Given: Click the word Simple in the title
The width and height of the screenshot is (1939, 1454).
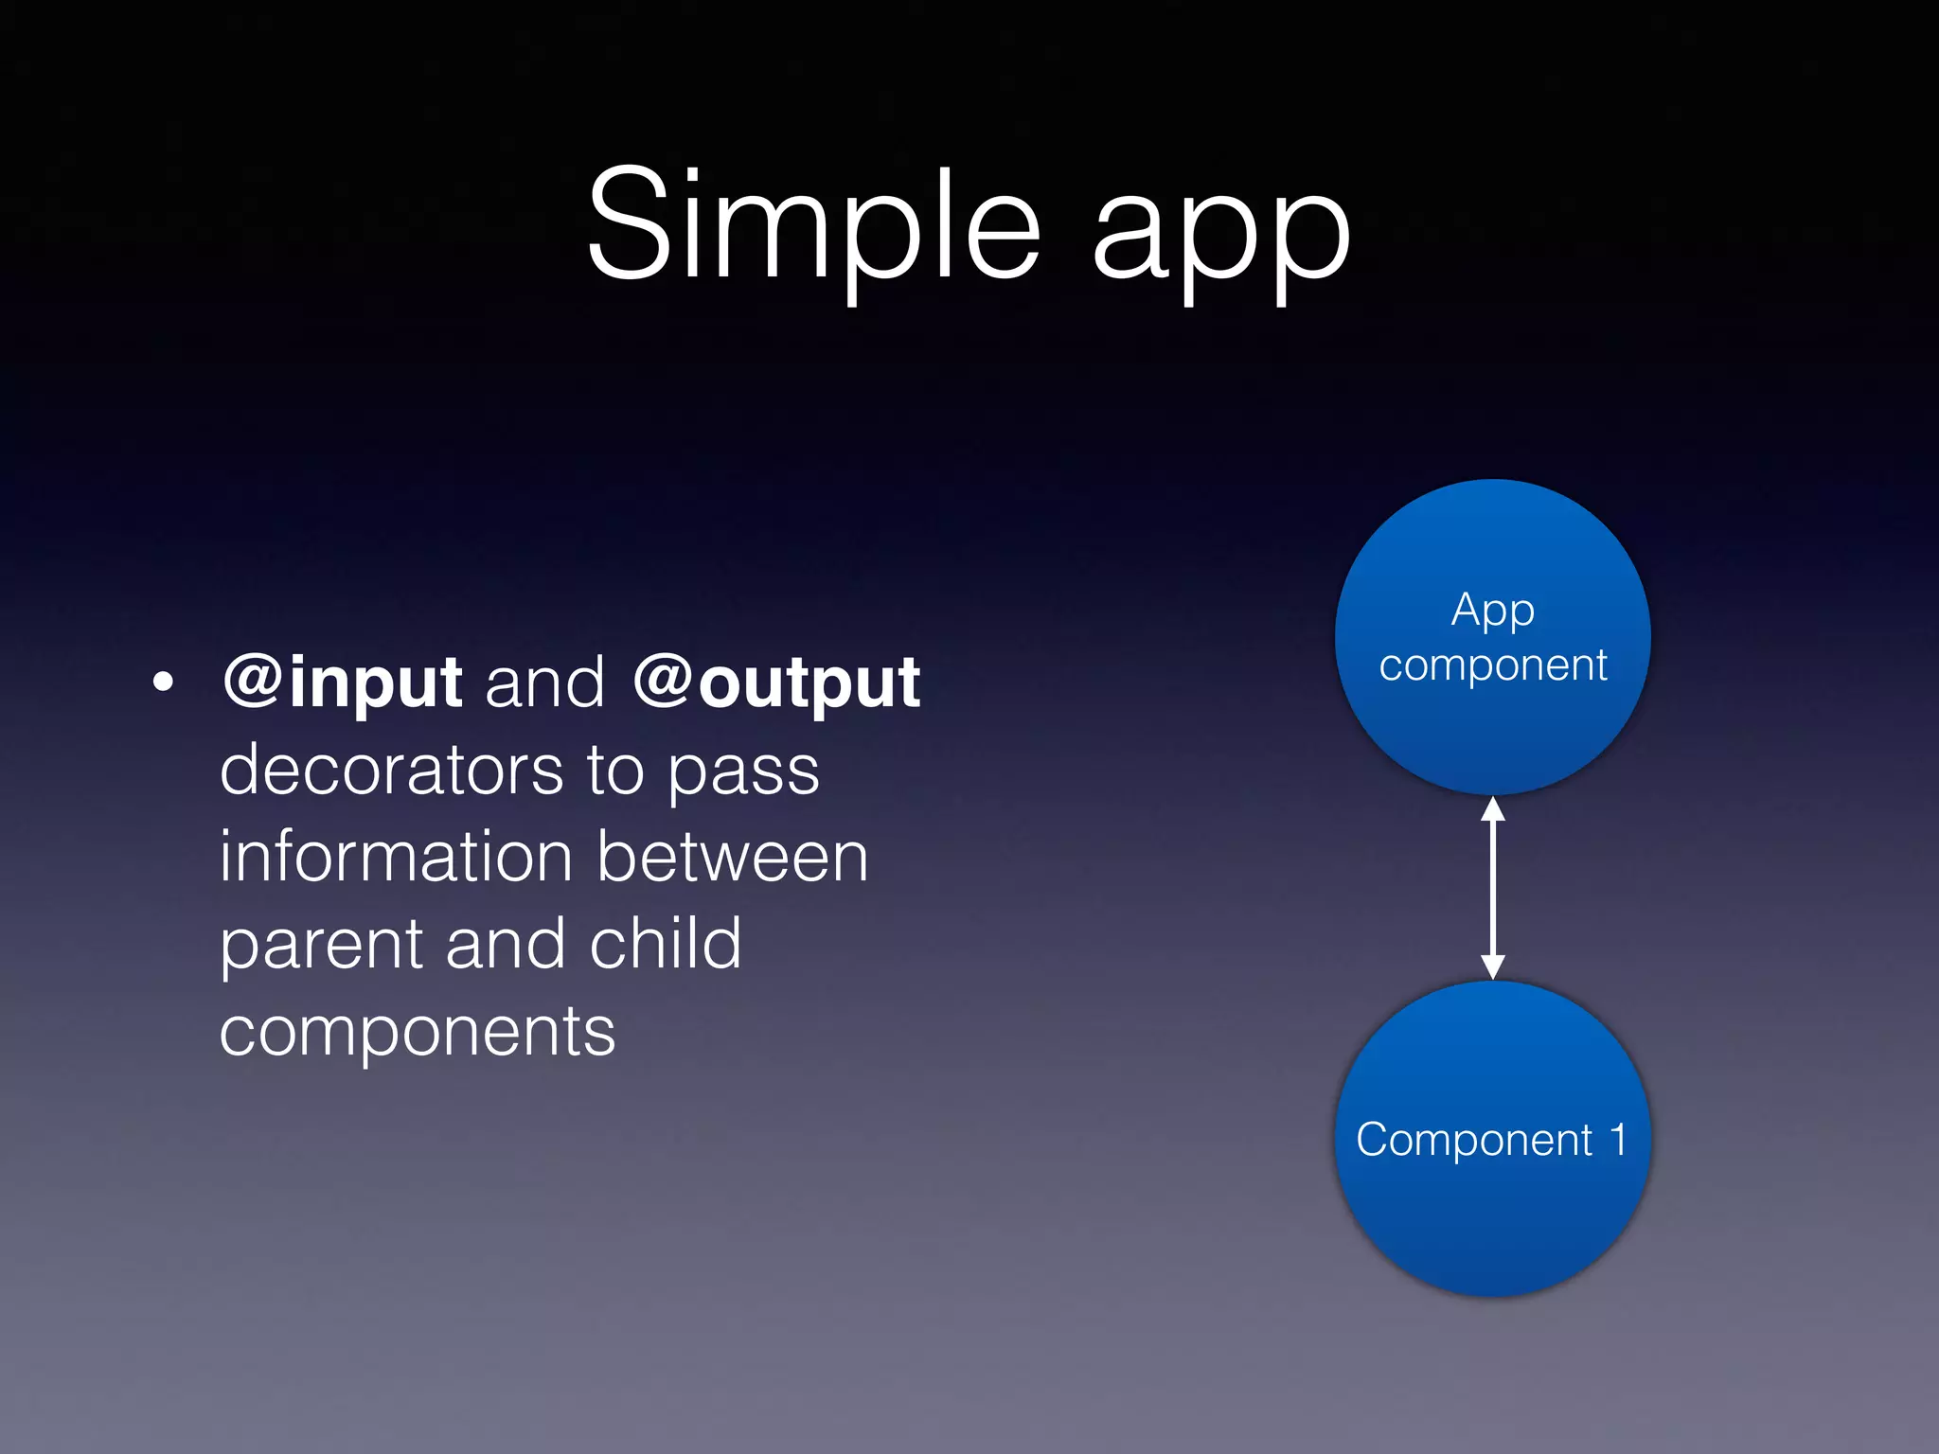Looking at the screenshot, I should coord(814,227).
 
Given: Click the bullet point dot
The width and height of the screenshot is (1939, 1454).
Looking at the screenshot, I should coord(163,682).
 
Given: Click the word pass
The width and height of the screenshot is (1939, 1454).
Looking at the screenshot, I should coord(743,774).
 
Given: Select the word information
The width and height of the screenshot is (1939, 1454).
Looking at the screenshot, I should coord(396,856).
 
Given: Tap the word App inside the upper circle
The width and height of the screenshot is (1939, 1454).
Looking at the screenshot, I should coord(1493,612).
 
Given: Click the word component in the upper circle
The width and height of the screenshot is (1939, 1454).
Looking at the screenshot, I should coord(1493,665).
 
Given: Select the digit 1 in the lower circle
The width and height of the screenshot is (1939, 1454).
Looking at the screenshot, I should coord(1618,1138).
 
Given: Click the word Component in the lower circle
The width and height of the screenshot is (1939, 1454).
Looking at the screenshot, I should coord(1474,1140).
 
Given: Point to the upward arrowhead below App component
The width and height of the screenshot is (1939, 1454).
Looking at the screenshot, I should coord(1493,809).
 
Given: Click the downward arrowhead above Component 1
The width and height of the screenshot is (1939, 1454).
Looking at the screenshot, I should coord(1493,966).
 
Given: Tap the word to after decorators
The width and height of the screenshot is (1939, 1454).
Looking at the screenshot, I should coord(615,770).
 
